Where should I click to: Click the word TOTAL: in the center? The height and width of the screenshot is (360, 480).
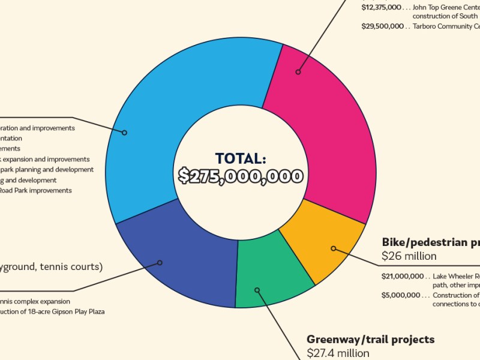240,158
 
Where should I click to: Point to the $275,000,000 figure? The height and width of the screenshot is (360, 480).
240,176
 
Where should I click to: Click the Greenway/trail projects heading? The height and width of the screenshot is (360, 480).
370,340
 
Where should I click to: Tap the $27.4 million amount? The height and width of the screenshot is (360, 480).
338,353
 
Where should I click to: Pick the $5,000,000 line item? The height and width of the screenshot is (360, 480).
404,295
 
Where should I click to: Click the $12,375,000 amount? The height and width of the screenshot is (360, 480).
381,8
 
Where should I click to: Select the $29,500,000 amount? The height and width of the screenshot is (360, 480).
382,26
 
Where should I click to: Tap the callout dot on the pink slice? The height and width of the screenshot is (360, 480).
298,72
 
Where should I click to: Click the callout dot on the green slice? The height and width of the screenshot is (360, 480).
257,290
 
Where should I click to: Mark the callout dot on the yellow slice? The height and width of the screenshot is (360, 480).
334,248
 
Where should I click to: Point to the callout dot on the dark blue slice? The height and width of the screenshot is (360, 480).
160,262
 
